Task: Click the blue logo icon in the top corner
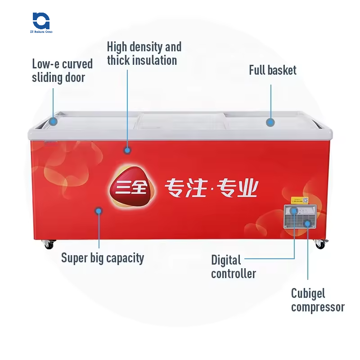tap(41, 20)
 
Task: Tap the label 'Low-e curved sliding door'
tap(62, 71)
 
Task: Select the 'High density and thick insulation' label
tap(144, 54)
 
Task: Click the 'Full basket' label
tap(273, 70)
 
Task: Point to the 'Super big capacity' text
tap(103, 258)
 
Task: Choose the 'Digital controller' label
tap(234, 266)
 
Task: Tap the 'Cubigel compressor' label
tap(318, 300)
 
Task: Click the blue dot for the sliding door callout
tap(54, 121)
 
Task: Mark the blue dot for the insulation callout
tap(128, 150)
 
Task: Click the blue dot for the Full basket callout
tap(270, 122)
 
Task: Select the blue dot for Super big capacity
tap(99, 211)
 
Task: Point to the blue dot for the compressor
tap(308, 223)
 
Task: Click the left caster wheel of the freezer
tap(49, 244)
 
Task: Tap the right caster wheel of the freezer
tap(320, 244)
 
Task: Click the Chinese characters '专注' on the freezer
tap(182, 188)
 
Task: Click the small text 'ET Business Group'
tap(41, 32)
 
